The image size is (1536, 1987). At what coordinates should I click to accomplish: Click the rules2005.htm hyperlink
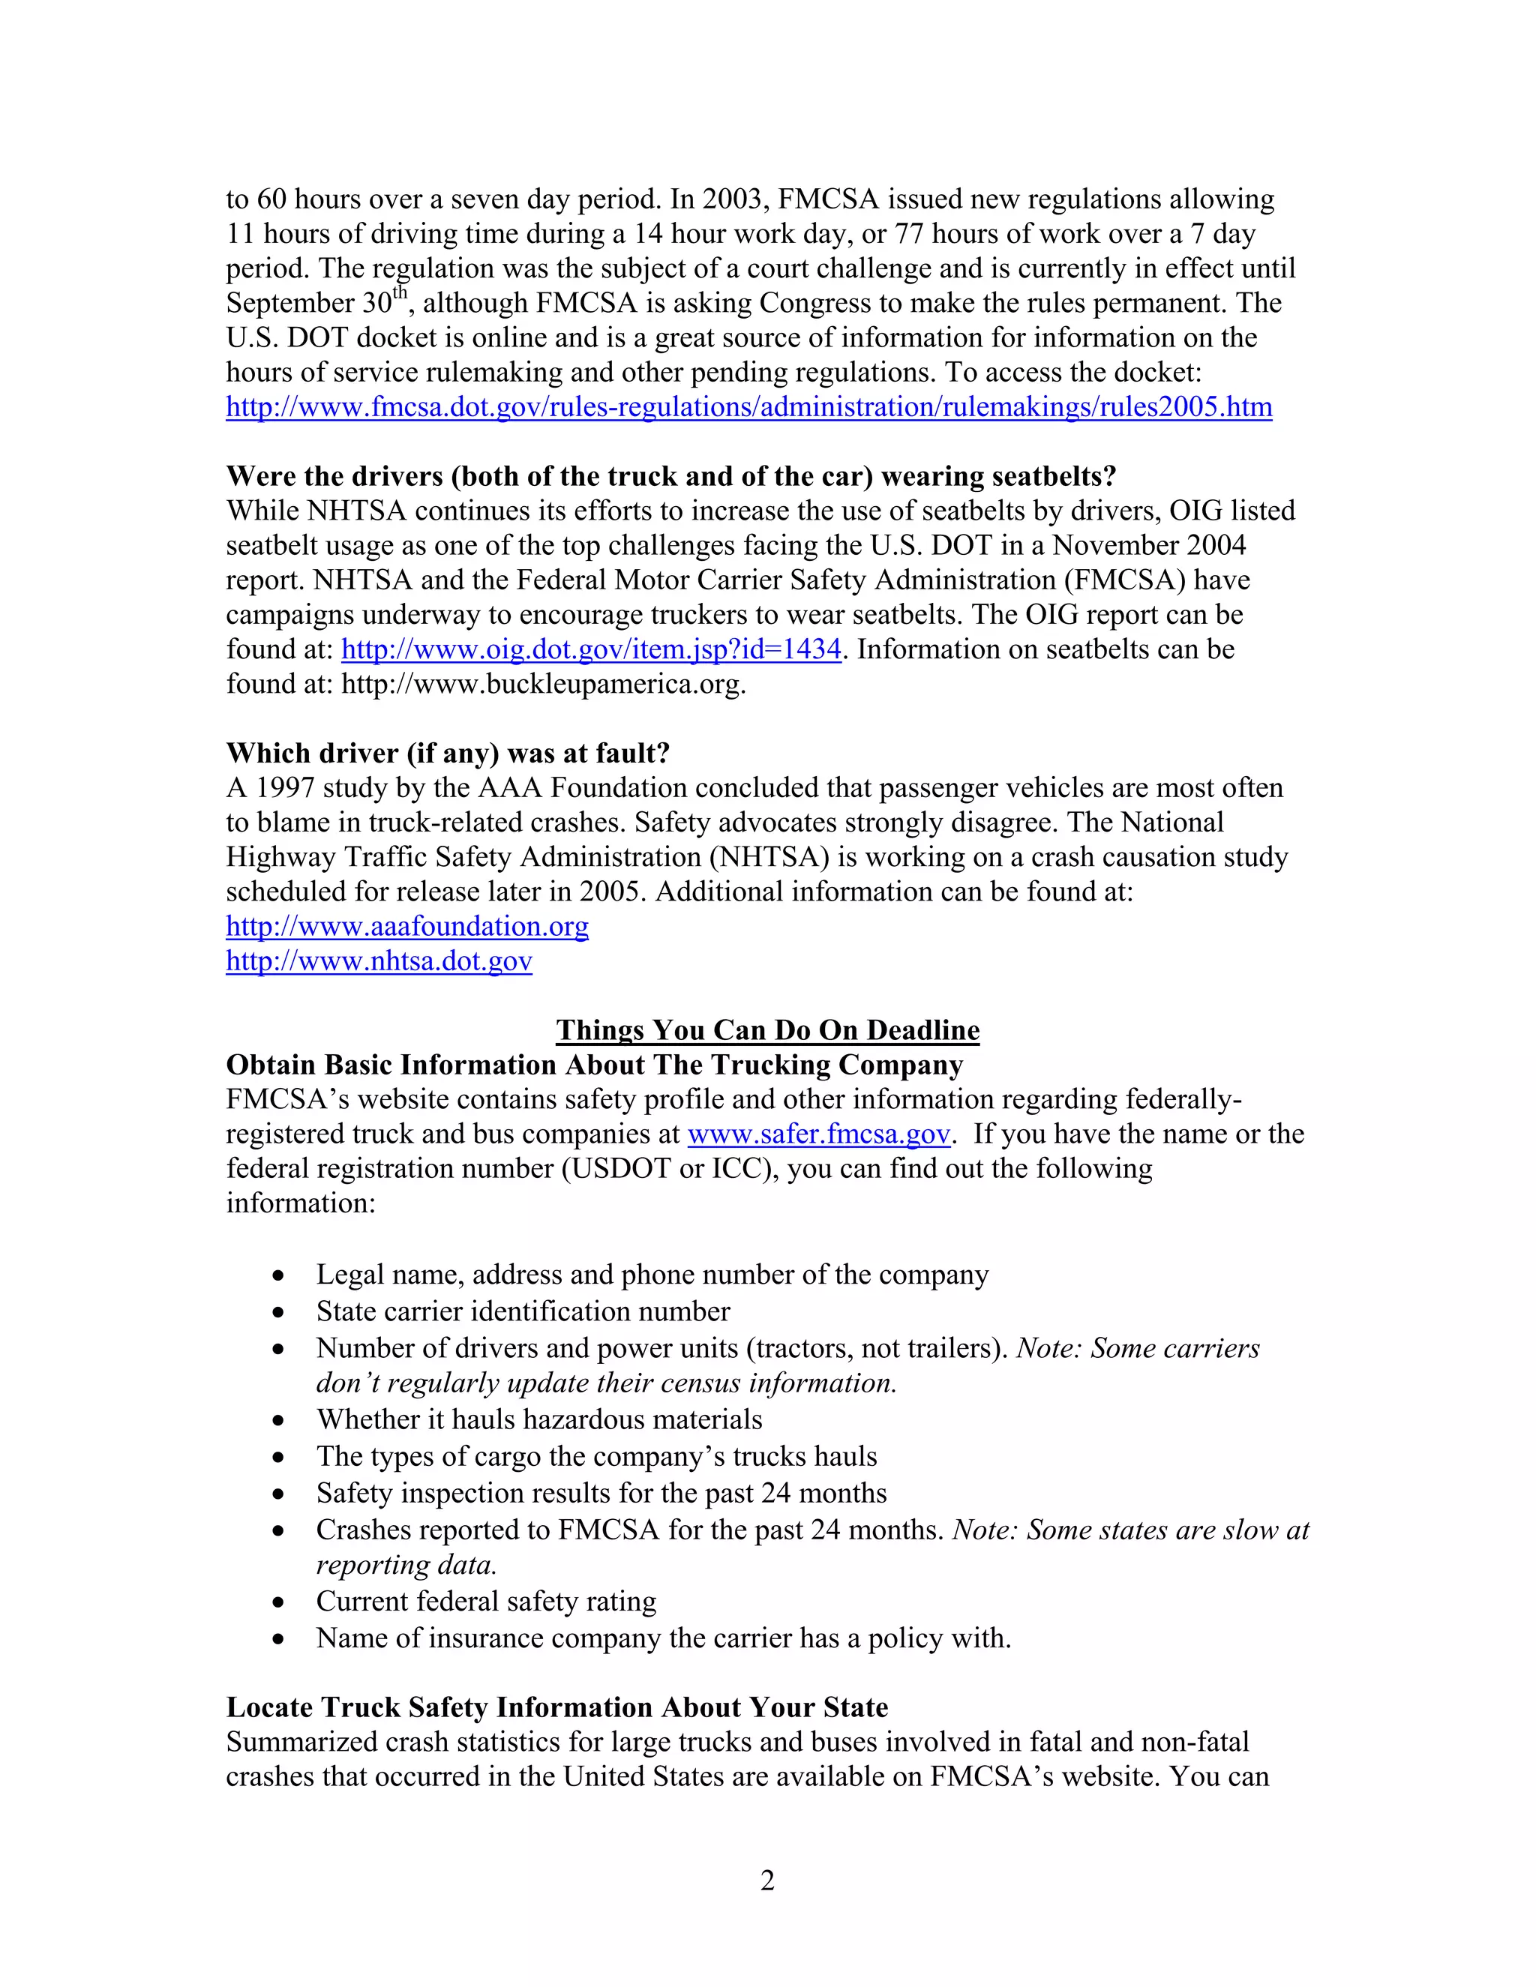(x=748, y=406)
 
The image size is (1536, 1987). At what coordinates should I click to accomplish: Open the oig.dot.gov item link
(x=590, y=649)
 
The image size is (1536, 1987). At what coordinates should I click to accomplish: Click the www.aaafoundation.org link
(x=406, y=926)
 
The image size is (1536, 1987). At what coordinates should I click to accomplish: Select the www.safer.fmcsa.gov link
(x=818, y=1134)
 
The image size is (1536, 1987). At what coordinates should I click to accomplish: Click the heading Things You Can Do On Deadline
(x=767, y=1030)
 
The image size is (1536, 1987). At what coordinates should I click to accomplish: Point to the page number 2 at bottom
(x=767, y=1881)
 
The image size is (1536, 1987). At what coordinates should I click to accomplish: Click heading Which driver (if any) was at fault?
(x=448, y=754)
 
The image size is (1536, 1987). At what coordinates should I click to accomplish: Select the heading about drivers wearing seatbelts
(x=670, y=477)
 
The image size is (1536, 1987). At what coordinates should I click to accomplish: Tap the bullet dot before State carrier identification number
(x=278, y=1313)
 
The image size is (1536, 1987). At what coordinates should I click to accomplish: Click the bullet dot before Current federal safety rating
(x=278, y=1603)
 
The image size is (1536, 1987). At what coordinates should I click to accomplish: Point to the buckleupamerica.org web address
(x=542, y=684)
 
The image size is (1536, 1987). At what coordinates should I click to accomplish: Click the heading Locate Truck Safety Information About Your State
(x=557, y=1707)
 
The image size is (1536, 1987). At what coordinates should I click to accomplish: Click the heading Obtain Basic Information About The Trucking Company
(x=594, y=1065)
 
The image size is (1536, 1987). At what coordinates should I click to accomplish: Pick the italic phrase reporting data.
(x=406, y=1565)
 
